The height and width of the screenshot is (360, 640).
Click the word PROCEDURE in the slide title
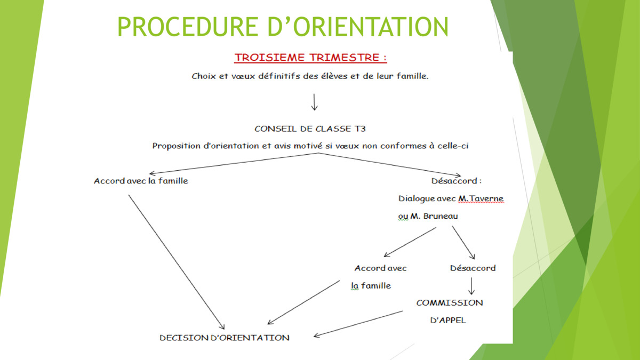(x=188, y=27)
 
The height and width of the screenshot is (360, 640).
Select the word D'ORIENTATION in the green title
(x=358, y=27)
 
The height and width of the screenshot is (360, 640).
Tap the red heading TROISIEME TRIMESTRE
(x=310, y=58)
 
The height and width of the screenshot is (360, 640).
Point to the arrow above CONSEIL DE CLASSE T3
(x=314, y=102)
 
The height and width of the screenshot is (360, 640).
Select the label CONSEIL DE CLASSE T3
(x=310, y=129)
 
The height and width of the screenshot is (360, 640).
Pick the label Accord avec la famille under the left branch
(x=141, y=181)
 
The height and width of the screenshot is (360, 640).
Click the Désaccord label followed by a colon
(x=457, y=181)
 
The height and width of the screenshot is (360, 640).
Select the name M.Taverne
(x=481, y=198)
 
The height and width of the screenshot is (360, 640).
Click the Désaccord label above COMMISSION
(x=473, y=268)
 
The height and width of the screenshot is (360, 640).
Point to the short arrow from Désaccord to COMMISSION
(x=471, y=286)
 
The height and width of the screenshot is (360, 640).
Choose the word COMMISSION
(x=450, y=303)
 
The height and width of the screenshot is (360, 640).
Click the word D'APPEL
(x=448, y=321)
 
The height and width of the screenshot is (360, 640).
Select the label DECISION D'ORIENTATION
(x=225, y=338)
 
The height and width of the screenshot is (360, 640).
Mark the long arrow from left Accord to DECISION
(x=177, y=262)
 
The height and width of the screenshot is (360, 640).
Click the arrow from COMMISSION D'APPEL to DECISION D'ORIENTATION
(x=358, y=324)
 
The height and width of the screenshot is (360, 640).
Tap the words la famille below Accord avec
(x=371, y=286)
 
